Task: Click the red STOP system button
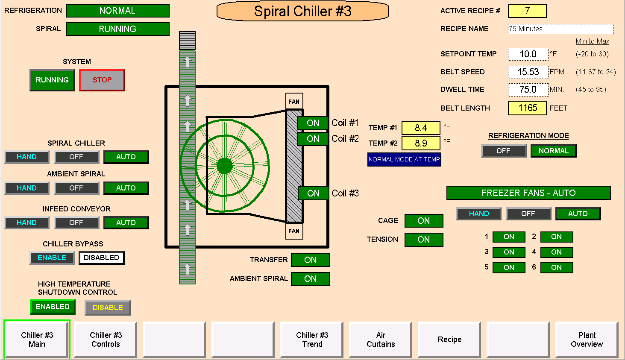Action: point(102,80)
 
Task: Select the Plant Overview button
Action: point(587,340)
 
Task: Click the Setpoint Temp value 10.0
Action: point(528,54)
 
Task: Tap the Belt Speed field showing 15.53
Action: point(528,72)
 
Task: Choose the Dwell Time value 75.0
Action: point(528,90)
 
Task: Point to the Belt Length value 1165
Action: point(527,108)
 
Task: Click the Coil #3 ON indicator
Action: point(313,193)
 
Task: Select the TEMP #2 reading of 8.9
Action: point(421,143)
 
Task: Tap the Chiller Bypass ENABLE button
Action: point(52,258)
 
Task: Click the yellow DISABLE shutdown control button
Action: point(108,307)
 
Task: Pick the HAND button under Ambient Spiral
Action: point(26,188)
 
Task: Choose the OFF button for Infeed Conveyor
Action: point(76,223)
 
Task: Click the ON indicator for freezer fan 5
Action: point(509,268)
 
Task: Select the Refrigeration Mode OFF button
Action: point(503,151)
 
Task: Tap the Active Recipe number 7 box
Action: point(527,11)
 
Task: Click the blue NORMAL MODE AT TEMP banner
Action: point(404,160)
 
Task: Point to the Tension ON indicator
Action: point(423,240)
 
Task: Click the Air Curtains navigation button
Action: point(381,340)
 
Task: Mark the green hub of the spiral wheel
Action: point(225,166)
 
